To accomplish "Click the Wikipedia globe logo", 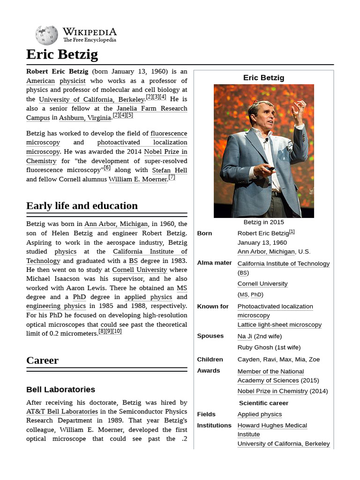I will pos(46,35).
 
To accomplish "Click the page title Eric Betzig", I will pos(62,54).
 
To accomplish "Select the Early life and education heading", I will pos(82,206).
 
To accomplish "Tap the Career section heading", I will pos(42,360).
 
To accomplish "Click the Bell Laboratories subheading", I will pos(60,390).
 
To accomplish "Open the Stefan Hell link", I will pos(169,170).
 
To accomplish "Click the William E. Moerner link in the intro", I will pos(138,179).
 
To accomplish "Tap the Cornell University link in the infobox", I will pos(262,284).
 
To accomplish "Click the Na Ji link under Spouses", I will pos(245,336).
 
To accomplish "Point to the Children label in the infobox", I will pos(210,360).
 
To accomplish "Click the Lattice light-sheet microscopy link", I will pos(279,325).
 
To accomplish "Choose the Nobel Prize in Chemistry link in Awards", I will pos(272,391).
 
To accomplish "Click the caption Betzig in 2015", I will pos(263,222).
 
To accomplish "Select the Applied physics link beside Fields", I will pos(259,414).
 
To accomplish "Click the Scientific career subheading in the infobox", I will pos(263,403).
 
